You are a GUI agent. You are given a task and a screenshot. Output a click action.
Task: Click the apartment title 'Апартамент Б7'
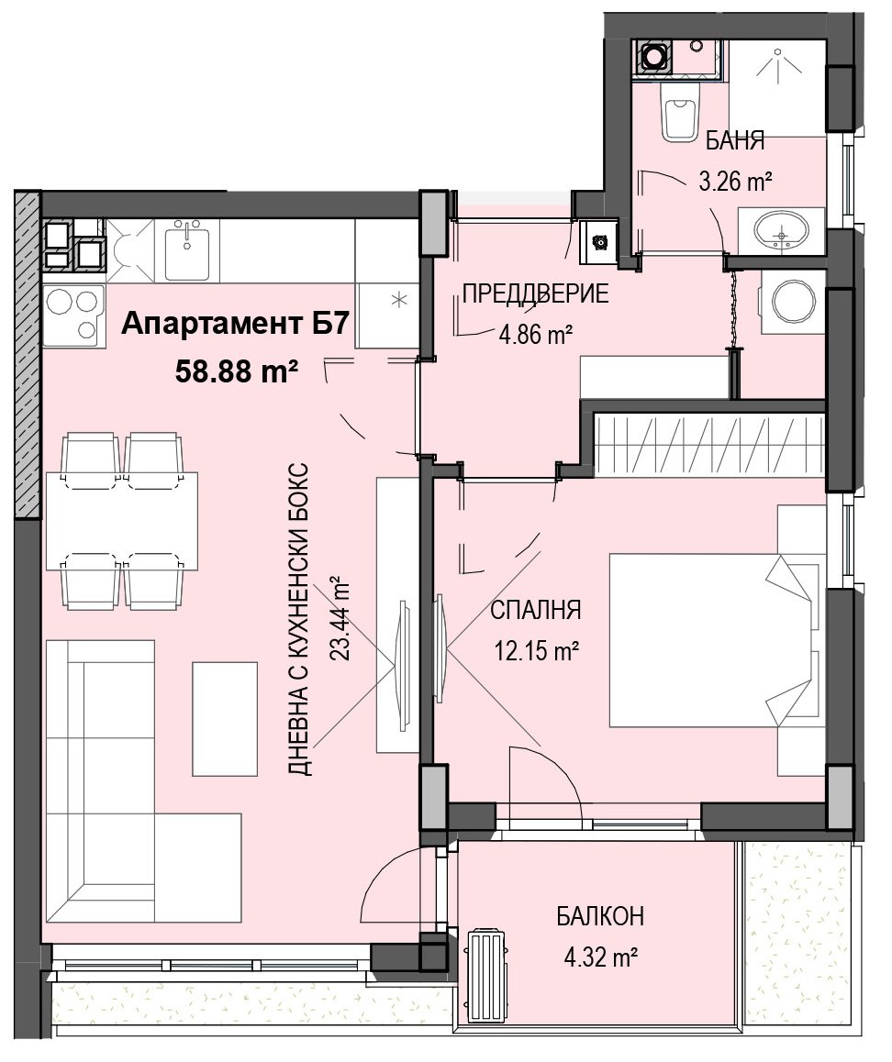[x=236, y=325]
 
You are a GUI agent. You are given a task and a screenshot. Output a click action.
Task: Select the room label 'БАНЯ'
[x=735, y=141]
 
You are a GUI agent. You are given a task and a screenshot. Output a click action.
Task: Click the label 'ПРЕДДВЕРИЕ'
[x=535, y=294]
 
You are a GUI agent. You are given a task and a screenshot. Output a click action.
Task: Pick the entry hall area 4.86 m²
[x=536, y=334]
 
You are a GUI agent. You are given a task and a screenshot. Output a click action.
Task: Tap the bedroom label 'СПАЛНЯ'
[x=535, y=610]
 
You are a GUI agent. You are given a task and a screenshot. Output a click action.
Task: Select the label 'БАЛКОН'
[x=600, y=916]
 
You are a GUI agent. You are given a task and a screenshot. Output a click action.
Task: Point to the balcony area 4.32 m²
[x=600, y=957]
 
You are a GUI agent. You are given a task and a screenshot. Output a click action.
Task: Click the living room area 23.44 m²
[x=339, y=617]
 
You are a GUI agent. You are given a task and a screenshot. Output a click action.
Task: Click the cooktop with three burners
[x=74, y=315]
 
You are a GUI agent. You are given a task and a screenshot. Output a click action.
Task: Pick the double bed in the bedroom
[x=715, y=640]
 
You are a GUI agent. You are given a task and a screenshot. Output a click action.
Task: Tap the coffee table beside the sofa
[x=225, y=718]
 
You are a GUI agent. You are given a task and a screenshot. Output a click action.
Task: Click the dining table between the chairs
[x=122, y=521]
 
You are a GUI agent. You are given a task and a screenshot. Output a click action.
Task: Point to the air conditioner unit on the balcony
[x=488, y=968]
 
